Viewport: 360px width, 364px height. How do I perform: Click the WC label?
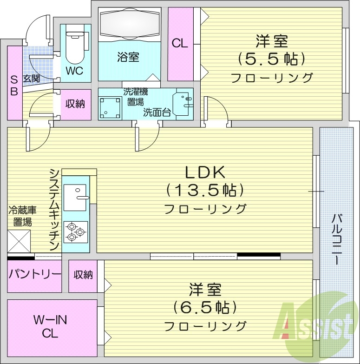75,71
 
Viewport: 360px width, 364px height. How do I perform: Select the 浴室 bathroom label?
128,58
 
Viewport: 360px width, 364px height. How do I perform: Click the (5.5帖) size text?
271,60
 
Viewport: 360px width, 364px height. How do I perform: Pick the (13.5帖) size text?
205,191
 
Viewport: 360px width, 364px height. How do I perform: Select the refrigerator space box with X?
19,241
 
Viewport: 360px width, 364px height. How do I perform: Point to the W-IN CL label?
50,327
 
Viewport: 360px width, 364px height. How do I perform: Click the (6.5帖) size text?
205,307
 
